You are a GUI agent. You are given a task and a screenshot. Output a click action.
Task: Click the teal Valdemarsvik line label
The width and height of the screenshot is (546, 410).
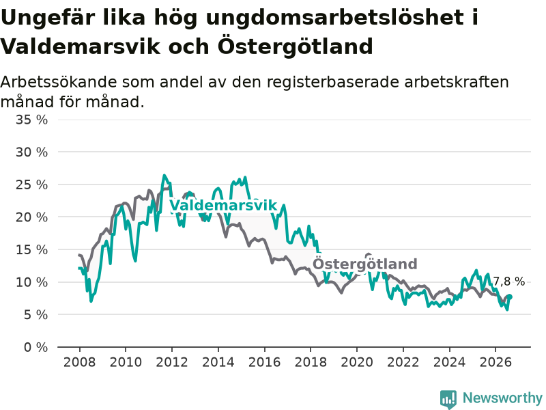(223, 206)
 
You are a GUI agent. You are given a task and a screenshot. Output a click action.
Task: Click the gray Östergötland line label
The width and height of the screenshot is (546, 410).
(364, 264)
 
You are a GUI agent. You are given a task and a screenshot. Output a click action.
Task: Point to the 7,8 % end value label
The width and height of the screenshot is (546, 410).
(508, 282)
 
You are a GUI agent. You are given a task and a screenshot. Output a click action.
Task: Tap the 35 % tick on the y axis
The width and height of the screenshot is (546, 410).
(31, 120)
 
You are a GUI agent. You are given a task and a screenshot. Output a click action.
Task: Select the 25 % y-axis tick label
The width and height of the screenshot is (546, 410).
(31, 184)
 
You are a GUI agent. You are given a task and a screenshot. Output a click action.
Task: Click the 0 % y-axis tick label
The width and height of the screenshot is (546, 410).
(36, 347)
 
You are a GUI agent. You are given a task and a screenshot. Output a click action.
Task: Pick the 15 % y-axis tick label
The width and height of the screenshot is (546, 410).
(31, 249)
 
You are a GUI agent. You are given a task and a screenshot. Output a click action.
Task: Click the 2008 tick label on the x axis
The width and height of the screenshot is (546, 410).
(79, 362)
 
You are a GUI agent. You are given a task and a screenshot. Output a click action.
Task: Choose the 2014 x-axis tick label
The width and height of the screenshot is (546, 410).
(218, 362)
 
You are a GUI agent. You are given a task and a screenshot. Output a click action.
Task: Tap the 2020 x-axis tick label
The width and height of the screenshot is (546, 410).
(357, 362)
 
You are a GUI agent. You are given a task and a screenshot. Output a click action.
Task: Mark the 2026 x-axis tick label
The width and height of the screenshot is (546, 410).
(495, 362)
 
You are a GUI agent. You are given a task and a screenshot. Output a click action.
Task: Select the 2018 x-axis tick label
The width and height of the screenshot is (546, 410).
(311, 362)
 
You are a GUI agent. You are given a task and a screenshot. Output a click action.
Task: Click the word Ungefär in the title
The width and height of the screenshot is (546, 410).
(48, 17)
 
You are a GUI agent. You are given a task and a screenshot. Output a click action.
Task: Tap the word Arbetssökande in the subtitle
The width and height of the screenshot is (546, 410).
(59, 83)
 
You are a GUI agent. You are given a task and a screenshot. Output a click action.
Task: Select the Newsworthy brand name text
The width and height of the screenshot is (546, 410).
(502, 398)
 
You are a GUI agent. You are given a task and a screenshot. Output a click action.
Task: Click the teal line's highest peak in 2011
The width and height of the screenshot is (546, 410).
(164, 176)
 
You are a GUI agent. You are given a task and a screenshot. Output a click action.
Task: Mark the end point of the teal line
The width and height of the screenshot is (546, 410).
(511, 297)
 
